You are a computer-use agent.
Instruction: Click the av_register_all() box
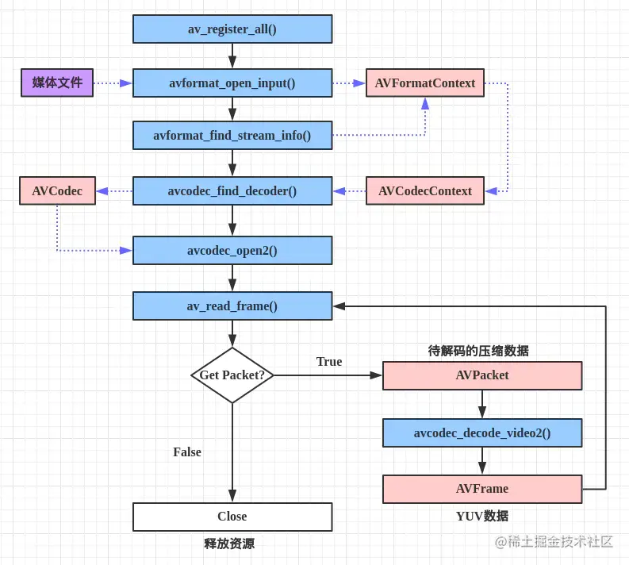(232, 29)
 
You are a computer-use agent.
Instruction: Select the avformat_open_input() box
(232, 83)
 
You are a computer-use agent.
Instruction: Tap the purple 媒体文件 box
(57, 83)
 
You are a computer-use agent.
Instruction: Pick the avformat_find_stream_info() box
(232, 136)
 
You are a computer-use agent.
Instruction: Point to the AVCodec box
(57, 190)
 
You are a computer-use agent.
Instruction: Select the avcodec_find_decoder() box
(232, 190)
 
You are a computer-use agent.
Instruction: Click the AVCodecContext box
(425, 190)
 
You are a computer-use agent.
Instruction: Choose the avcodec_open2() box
(232, 251)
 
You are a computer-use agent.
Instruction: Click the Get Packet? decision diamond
(232, 375)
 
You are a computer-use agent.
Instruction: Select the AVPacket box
(482, 375)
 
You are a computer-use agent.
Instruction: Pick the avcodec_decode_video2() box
(482, 432)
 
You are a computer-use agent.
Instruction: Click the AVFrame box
(482, 489)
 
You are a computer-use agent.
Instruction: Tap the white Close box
(232, 517)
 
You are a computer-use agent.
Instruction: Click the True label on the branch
(328, 362)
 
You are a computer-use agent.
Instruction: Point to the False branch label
(187, 452)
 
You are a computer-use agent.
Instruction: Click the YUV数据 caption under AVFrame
(482, 516)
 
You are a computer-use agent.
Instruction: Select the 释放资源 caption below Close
(229, 544)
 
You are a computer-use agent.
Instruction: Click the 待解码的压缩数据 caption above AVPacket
(478, 351)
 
